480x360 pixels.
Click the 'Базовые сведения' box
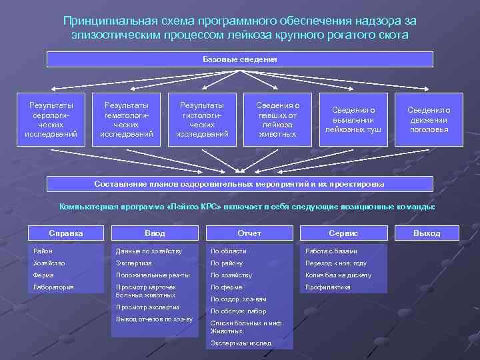tap(240, 59)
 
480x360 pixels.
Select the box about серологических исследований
tap(51, 119)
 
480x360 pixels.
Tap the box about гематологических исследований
tap(127, 119)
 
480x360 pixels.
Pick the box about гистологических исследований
tap(202, 119)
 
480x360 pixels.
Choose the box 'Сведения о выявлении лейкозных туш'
tap(353, 119)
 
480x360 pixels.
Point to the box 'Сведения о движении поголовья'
tap(429, 119)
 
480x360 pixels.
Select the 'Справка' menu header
tap(67, 233)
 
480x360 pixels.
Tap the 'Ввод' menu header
tap(155, 233)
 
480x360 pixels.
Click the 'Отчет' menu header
tap(249, 233)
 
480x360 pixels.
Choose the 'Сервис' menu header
tap(343, 233)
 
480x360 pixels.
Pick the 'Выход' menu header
tap(427, 233)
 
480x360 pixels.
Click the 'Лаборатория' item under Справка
tap(54, 287)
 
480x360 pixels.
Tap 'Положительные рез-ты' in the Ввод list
tap(153, 275)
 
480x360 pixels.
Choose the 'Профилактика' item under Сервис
tap(327, 287)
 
